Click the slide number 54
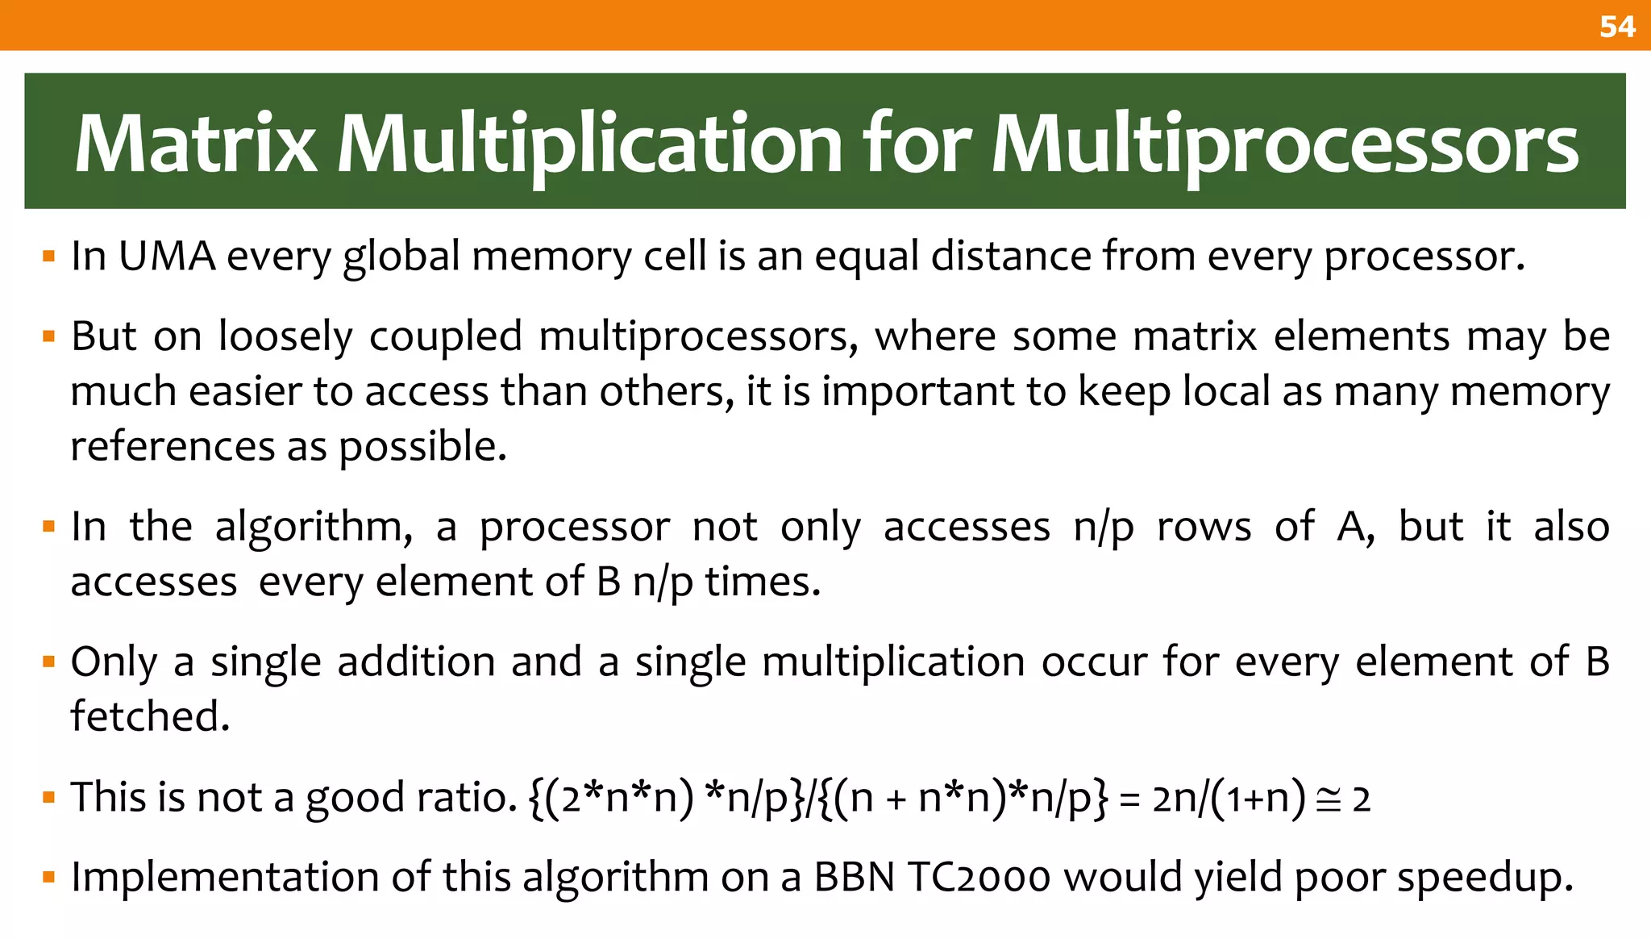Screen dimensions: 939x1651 [1617, 27]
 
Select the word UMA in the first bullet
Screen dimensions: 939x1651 [167, 257]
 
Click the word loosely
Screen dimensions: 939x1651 [285, 337]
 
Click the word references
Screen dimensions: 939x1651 [173, 446]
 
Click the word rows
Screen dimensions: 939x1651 [1204, 527]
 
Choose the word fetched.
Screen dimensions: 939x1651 [150, 716]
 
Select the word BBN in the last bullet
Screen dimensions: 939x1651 [855, 877]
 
